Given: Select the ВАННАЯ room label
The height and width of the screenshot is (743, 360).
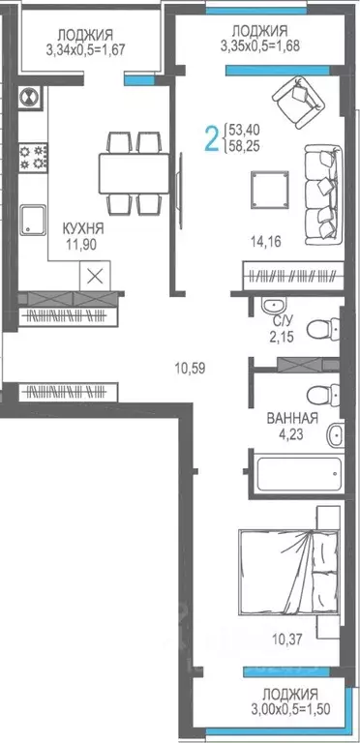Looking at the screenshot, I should click(x=292, y=419).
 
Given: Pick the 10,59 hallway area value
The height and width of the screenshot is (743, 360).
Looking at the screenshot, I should click(x=192, y=367).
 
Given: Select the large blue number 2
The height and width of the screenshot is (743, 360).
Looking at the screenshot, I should click(x=211, y=136).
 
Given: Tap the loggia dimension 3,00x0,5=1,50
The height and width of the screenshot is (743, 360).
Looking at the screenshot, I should click(x=289, y=709).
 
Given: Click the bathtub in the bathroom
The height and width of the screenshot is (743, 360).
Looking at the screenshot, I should click(x=297, y=475).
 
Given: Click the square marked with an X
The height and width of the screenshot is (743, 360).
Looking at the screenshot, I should click(x=94, y=275).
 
